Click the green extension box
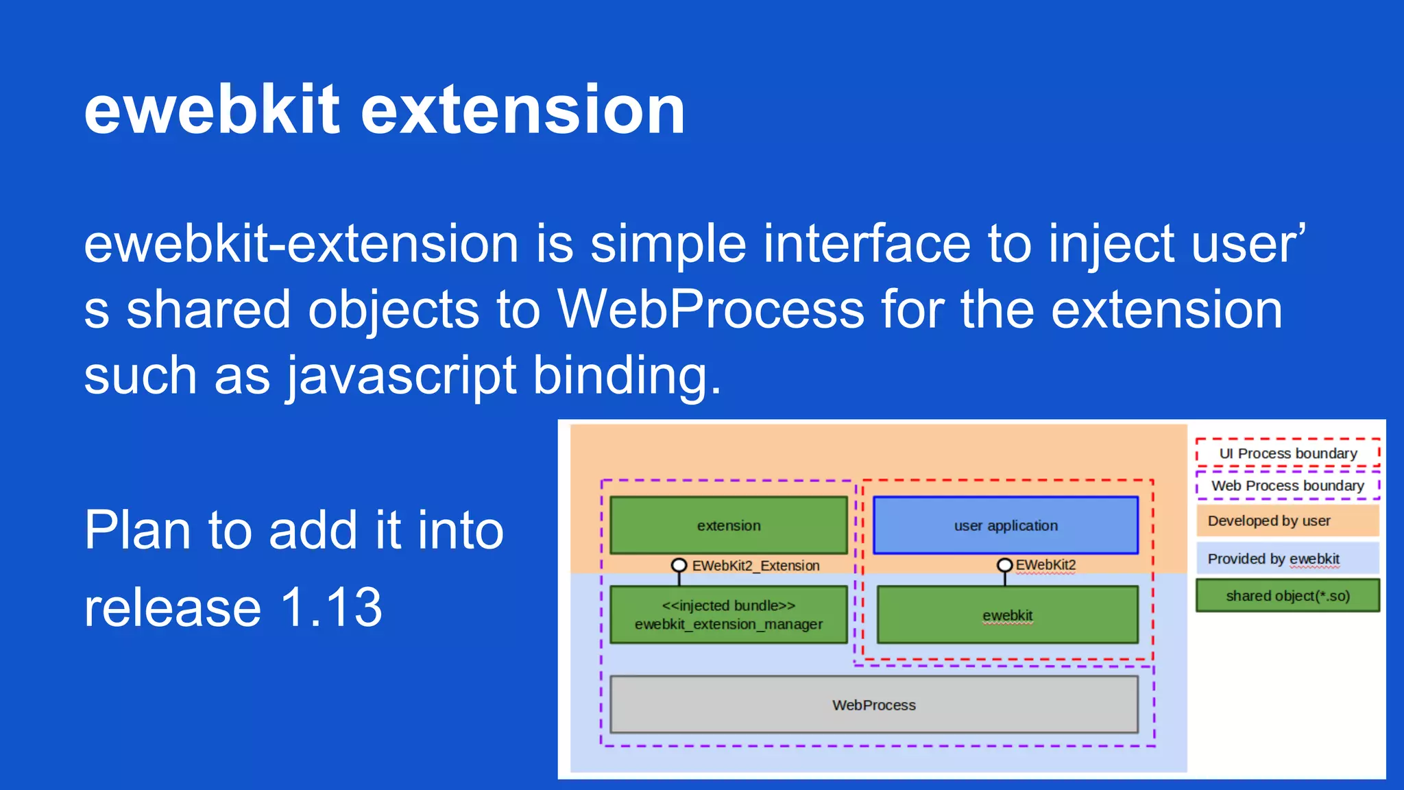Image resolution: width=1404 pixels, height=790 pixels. click(x=728, y=525)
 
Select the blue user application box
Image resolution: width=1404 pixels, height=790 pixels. click(x=1005, y=525)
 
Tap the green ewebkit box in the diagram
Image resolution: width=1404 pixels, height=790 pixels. click(x=1007, y=615)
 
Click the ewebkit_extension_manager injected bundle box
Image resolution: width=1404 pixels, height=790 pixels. click(x=728, y=614)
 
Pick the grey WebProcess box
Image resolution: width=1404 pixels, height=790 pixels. click(x=873, y=705)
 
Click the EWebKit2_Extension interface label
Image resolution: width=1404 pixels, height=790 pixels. click(x=755, y=566)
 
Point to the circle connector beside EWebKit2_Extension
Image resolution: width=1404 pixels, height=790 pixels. click(x=679, y=565)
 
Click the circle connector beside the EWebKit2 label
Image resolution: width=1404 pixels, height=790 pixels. click(x=1004, y=565)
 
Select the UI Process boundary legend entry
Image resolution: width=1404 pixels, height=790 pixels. click(x=1287, y=453)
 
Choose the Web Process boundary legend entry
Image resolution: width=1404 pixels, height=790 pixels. click(x=1287, y=486)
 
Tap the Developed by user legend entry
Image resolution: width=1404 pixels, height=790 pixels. click(x=1287, y=521)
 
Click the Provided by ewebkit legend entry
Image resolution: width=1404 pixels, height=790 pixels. click(x=1287, y=559)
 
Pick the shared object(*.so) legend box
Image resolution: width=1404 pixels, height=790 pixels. click(x=1287, y=596)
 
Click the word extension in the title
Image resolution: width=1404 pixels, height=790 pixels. click(x=522, y=110)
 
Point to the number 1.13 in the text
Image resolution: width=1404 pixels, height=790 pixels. click(x=331, y=608)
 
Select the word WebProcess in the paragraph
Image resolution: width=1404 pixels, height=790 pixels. click(x=710, y=310)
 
